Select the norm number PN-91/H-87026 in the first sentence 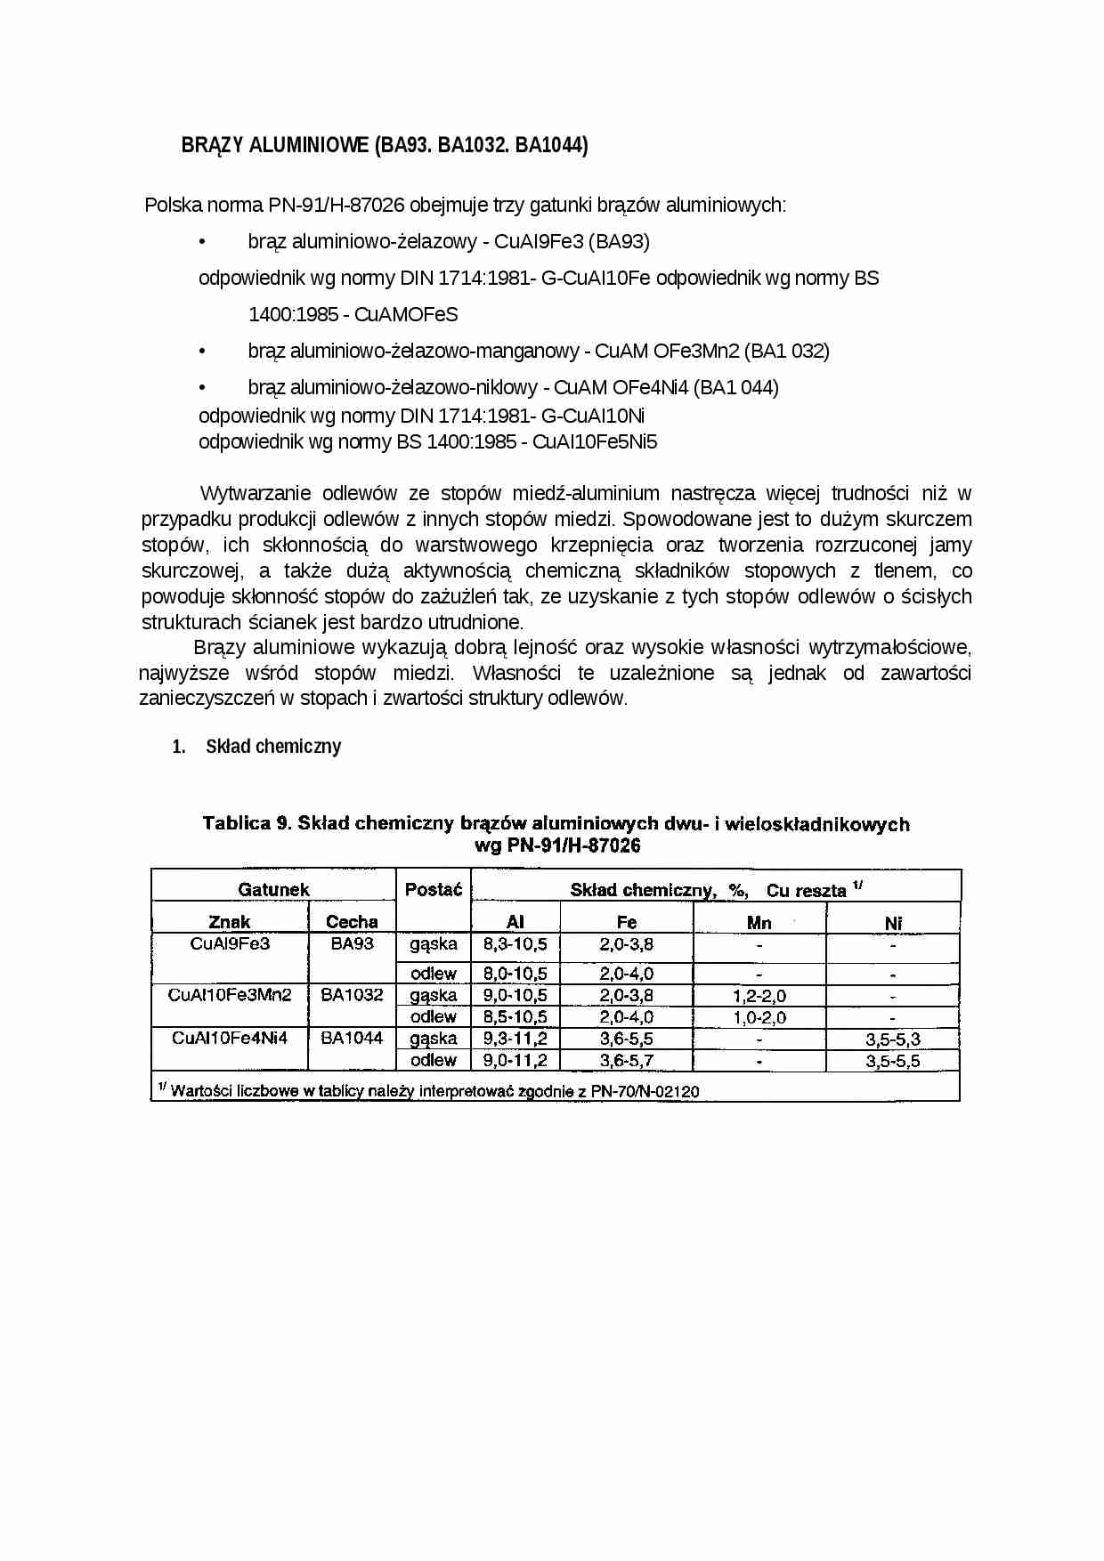coord(337,206)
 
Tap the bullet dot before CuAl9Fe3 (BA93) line coord(203,242)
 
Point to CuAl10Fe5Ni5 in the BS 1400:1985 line coord(595,442)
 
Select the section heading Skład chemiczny coord(273,747)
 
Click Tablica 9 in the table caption coord(248,823)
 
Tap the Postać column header coord(434,889)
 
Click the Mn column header coord(759,923)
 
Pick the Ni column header coord(893,923)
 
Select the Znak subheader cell coord(230,922)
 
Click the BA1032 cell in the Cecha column coord(352,995)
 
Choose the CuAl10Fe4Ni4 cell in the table coord(230,1038)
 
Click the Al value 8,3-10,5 coord(515,944)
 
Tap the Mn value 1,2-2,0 coord(759,996)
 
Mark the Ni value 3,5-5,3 coord(893,1039)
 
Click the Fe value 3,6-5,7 coord(626,1060)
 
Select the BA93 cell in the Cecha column coord(352,943)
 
